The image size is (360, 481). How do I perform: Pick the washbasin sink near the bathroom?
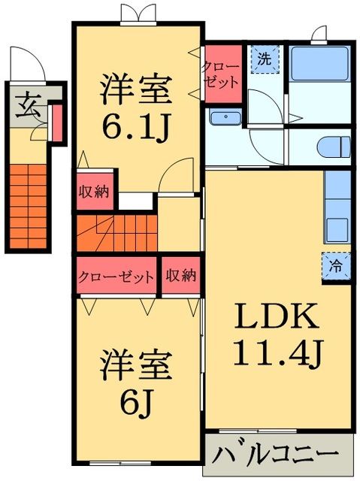point(225,118)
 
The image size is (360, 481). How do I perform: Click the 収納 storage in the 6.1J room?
point(94,192)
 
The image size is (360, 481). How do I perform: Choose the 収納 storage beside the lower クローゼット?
point(181,276)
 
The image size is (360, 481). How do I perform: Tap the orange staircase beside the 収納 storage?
point(114,232)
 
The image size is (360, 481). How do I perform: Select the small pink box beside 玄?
point(55,123)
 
